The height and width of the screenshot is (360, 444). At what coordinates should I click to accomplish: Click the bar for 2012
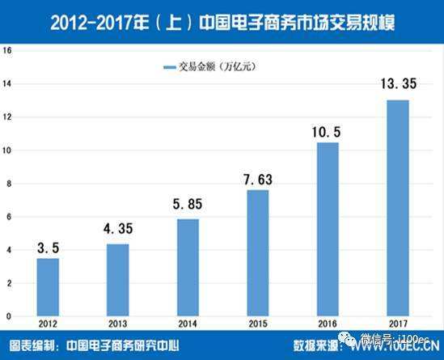click(x=48, y=286)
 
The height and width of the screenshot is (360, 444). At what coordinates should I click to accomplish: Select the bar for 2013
click(x=118, y=279)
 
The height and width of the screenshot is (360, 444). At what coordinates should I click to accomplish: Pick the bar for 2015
click(x=258, y=252)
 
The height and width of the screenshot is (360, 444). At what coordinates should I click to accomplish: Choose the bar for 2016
click(x=328, y=229)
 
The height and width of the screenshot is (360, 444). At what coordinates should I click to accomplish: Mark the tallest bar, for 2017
click(x=397, y=207)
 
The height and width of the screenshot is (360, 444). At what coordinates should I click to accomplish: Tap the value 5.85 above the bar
click(x=188, y=206)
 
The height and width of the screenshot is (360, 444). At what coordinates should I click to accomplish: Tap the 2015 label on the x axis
click(x=258, y=324)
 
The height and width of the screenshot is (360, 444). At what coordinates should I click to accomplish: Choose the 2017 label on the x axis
click(x=397, y=324)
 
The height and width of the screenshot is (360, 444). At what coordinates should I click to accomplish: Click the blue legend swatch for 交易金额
click(x=170, y=66)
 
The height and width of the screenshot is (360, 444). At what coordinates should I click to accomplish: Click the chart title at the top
click(x=222, y=19)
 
